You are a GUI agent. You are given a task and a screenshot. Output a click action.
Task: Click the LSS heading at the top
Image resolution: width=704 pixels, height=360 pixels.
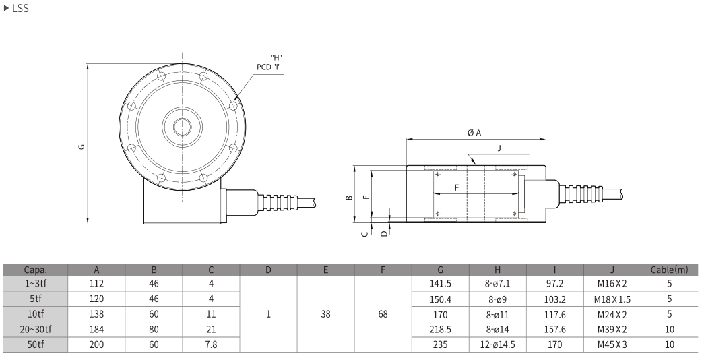20,8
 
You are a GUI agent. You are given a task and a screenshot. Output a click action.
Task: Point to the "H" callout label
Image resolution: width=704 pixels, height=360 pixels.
277,57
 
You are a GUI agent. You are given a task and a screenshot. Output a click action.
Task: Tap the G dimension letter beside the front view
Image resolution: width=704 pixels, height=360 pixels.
82,146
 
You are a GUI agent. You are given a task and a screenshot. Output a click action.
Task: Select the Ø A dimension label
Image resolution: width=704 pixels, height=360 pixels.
474,133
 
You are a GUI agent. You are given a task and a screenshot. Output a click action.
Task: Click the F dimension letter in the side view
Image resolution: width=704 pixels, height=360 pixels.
457,187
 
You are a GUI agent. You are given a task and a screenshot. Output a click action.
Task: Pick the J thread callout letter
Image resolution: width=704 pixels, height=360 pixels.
499,148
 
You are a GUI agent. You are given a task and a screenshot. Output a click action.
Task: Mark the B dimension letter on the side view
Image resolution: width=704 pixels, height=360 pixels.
350,197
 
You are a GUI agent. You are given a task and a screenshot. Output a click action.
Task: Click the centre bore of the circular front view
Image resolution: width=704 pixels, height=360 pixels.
183,127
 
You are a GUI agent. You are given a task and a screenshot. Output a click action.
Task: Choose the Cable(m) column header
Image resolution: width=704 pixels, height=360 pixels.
669,270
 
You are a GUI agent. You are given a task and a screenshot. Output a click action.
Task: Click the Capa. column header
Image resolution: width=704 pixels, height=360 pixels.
36,270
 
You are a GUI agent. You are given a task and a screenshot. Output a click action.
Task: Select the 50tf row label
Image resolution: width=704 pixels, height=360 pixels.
36,344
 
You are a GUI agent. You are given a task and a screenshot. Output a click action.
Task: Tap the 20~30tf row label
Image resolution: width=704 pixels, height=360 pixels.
36,330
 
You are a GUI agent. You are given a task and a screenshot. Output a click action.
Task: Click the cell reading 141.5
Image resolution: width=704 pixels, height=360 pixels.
440,284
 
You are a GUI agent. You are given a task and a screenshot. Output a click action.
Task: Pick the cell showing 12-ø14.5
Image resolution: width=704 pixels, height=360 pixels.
497,344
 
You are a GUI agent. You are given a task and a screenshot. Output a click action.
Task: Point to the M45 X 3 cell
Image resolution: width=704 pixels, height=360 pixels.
612,344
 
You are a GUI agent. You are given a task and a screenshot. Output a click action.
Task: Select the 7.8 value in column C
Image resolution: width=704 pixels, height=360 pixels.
211,344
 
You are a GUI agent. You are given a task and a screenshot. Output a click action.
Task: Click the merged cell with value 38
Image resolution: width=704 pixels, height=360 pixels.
325,314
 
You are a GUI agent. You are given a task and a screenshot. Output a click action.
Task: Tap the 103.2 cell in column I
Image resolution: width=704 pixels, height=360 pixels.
554,299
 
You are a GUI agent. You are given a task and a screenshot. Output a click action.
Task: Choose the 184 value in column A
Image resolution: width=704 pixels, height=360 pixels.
96,330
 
